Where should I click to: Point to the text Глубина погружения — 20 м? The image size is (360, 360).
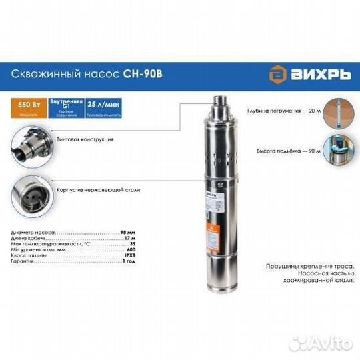283,111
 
